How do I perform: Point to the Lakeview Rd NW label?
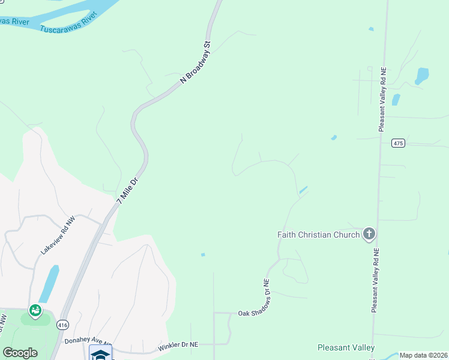[58, 235]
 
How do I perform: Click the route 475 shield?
[398, 143]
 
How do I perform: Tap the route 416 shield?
[62, 325]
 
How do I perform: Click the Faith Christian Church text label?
[318, 235]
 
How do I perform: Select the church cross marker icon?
[369, 234]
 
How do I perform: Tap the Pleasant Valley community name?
[346, 347]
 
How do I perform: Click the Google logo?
[20, 353]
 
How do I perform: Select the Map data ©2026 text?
[423, 355]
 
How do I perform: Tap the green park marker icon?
[35, 310]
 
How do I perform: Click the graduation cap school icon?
[100, 353]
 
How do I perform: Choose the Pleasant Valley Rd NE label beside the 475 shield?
[382, 100]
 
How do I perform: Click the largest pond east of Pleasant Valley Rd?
[422, 76]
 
